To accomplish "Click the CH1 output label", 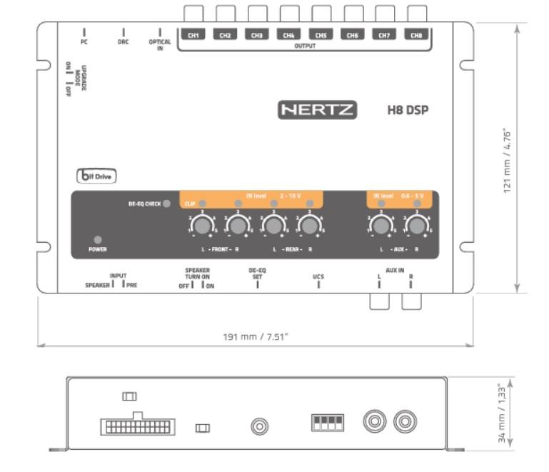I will point(193,34).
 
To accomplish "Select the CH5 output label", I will point(321,34).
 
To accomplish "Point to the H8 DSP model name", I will point(407,111).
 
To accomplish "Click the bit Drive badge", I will point(96,175).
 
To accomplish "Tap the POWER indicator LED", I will point(97,239).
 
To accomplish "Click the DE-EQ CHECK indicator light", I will point(167,204).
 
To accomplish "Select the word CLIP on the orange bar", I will point(190,204).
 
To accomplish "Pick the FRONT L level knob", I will point(203,226).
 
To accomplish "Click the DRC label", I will point(124,42).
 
